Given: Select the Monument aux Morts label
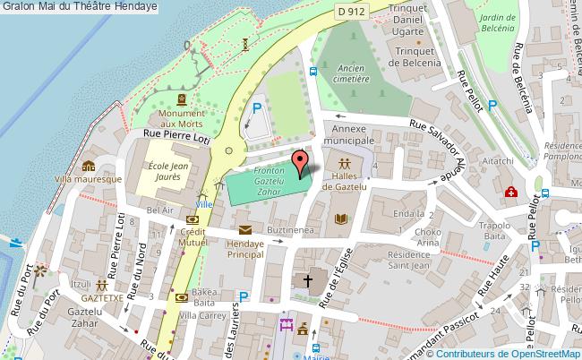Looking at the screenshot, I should (x=182, y=119).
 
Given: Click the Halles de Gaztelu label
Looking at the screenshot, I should (x=345, y=183).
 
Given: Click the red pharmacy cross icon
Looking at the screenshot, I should (x=510, y=191).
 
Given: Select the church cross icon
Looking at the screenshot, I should (x=307, y=281).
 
